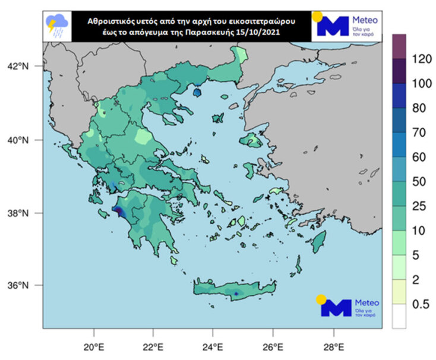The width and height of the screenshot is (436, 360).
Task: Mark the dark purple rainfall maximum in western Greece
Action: click(x=118, y=211)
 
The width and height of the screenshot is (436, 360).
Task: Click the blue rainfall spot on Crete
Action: click(x=236, y=293)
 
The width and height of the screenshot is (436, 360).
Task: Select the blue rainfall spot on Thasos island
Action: click(x=198, y=92)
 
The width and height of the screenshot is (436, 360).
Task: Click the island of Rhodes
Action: click(x=319, y=241)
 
